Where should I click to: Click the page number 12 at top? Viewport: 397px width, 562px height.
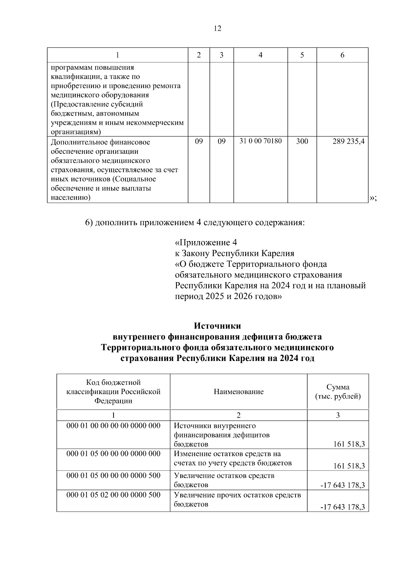point(217,28)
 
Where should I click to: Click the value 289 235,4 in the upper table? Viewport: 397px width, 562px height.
point(348,141)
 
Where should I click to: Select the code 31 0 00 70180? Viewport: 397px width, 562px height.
point(260,141)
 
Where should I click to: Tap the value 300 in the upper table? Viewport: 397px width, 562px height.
point(302,141)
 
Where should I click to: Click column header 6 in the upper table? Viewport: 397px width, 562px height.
point(342,55)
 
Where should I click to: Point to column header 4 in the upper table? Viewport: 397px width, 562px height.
point(260,55)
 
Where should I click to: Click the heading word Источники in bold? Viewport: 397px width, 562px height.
point(217,326)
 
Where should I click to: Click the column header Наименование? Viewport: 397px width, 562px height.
point(239,392)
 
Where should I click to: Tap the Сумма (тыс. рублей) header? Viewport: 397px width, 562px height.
point(338,392)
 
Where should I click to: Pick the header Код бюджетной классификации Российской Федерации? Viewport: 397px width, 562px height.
point(113,392)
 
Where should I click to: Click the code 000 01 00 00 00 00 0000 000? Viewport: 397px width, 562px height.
point(113,426)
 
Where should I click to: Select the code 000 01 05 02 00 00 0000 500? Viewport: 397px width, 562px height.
point(113,495)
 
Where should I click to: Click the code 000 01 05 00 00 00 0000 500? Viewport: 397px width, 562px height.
point(113,476)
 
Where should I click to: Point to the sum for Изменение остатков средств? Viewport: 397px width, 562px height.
point(349,466)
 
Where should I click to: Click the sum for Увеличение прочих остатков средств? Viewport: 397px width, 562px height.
point(342,507)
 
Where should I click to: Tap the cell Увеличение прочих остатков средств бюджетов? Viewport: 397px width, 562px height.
point(238,500)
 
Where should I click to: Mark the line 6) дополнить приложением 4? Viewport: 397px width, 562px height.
point(195,222)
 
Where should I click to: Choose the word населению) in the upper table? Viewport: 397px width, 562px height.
point(70,198)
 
